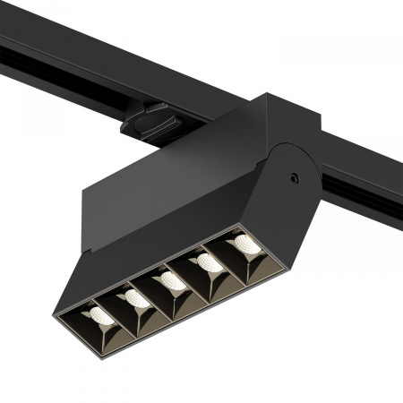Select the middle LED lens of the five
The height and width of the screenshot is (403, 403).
[171, 282]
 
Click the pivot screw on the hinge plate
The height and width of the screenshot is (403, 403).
[293, 178]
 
